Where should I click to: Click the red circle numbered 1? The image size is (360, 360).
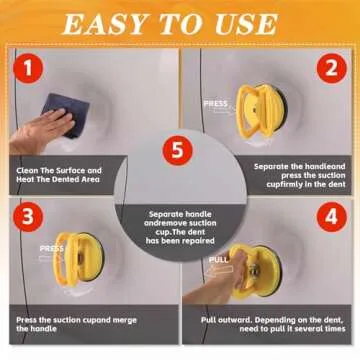[x=28, y=68]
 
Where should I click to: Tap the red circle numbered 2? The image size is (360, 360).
[x=332, y=68]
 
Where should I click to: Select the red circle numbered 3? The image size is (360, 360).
[x=28, y=217]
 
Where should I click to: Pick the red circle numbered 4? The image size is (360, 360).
[x=332, y=217]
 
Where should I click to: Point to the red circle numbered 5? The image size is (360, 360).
[x=177, y=151]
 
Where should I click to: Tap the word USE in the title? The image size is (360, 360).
[x=246, y=25]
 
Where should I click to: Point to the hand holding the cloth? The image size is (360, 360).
[x=41, y=131]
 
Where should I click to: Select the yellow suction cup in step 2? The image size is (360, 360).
[x=262, y=111]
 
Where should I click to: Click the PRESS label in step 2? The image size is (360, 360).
[x=216, y=104]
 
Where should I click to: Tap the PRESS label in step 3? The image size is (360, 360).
[x=52, y=249]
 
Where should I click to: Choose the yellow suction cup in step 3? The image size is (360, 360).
[x=79, y=259]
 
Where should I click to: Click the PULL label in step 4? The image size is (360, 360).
[x=219, y=260]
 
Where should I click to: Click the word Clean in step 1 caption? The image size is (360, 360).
[x=27, y=170]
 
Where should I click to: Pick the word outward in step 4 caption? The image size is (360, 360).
[x=236, y=320]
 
